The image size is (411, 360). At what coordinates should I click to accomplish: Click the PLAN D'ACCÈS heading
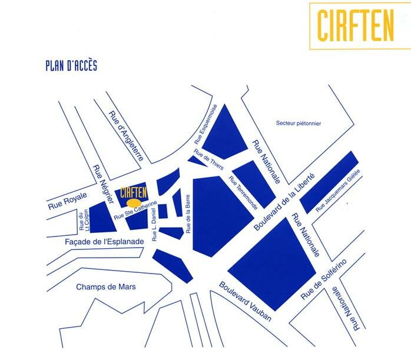71,65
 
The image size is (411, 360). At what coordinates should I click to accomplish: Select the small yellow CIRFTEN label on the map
132,192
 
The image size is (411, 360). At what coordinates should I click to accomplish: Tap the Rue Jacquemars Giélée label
337,191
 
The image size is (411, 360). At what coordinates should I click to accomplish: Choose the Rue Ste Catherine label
136,211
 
